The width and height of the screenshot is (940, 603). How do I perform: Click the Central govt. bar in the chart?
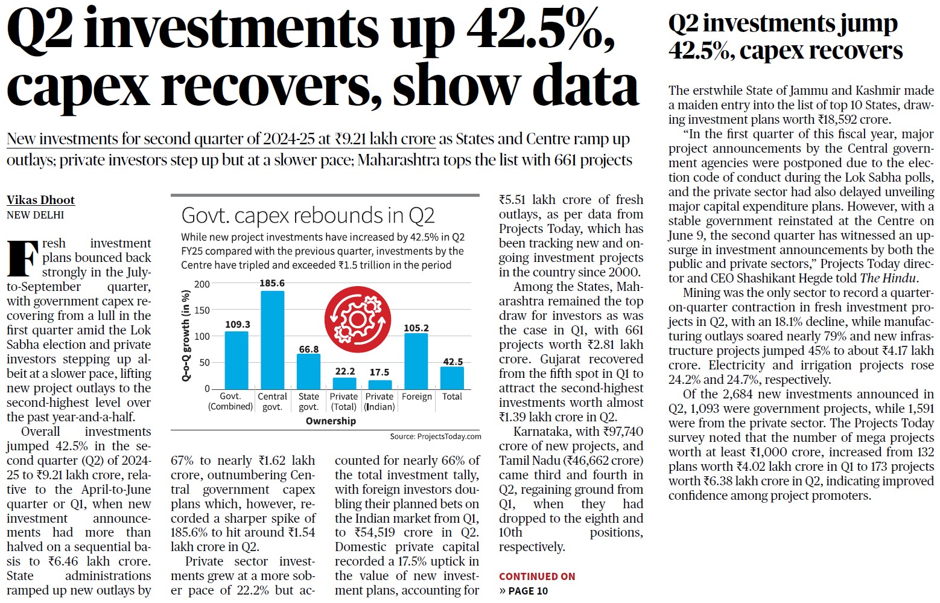(x=272, y=340)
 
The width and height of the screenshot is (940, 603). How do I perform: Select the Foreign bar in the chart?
(x=416, y=361)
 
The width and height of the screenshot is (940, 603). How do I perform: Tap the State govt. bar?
(x=308, y=371)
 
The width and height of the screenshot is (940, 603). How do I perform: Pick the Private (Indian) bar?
(x=379, y=384)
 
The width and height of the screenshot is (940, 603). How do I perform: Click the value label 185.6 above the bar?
(x=272, y=283)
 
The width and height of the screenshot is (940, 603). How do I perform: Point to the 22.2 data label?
(x=345, y=371)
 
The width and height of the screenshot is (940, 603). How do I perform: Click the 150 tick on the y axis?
(x=202, y=310)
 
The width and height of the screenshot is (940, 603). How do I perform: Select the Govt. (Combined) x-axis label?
(x=230, y=401)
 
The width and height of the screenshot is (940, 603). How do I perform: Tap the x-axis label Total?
(x=452, y=397)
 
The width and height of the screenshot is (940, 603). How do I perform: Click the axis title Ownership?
(x=331, y=421)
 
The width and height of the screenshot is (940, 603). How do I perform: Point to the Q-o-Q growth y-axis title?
(x=186, y=336)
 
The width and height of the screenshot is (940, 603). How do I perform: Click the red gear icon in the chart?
(x=358, y=319)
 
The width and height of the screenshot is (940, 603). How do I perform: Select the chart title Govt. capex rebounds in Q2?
(x=308, y=215)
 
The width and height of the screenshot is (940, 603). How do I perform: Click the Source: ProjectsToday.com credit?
(x=436, y=436)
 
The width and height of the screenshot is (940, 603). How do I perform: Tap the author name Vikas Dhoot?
(x=40, y=200)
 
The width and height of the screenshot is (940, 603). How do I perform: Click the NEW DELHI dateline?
(x=35, y=215)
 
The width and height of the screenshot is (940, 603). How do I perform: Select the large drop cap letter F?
(x=21, y=258)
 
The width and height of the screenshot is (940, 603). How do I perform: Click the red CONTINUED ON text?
(x=537, y=576)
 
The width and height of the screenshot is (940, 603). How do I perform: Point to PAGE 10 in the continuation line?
(x=528, y=591)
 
